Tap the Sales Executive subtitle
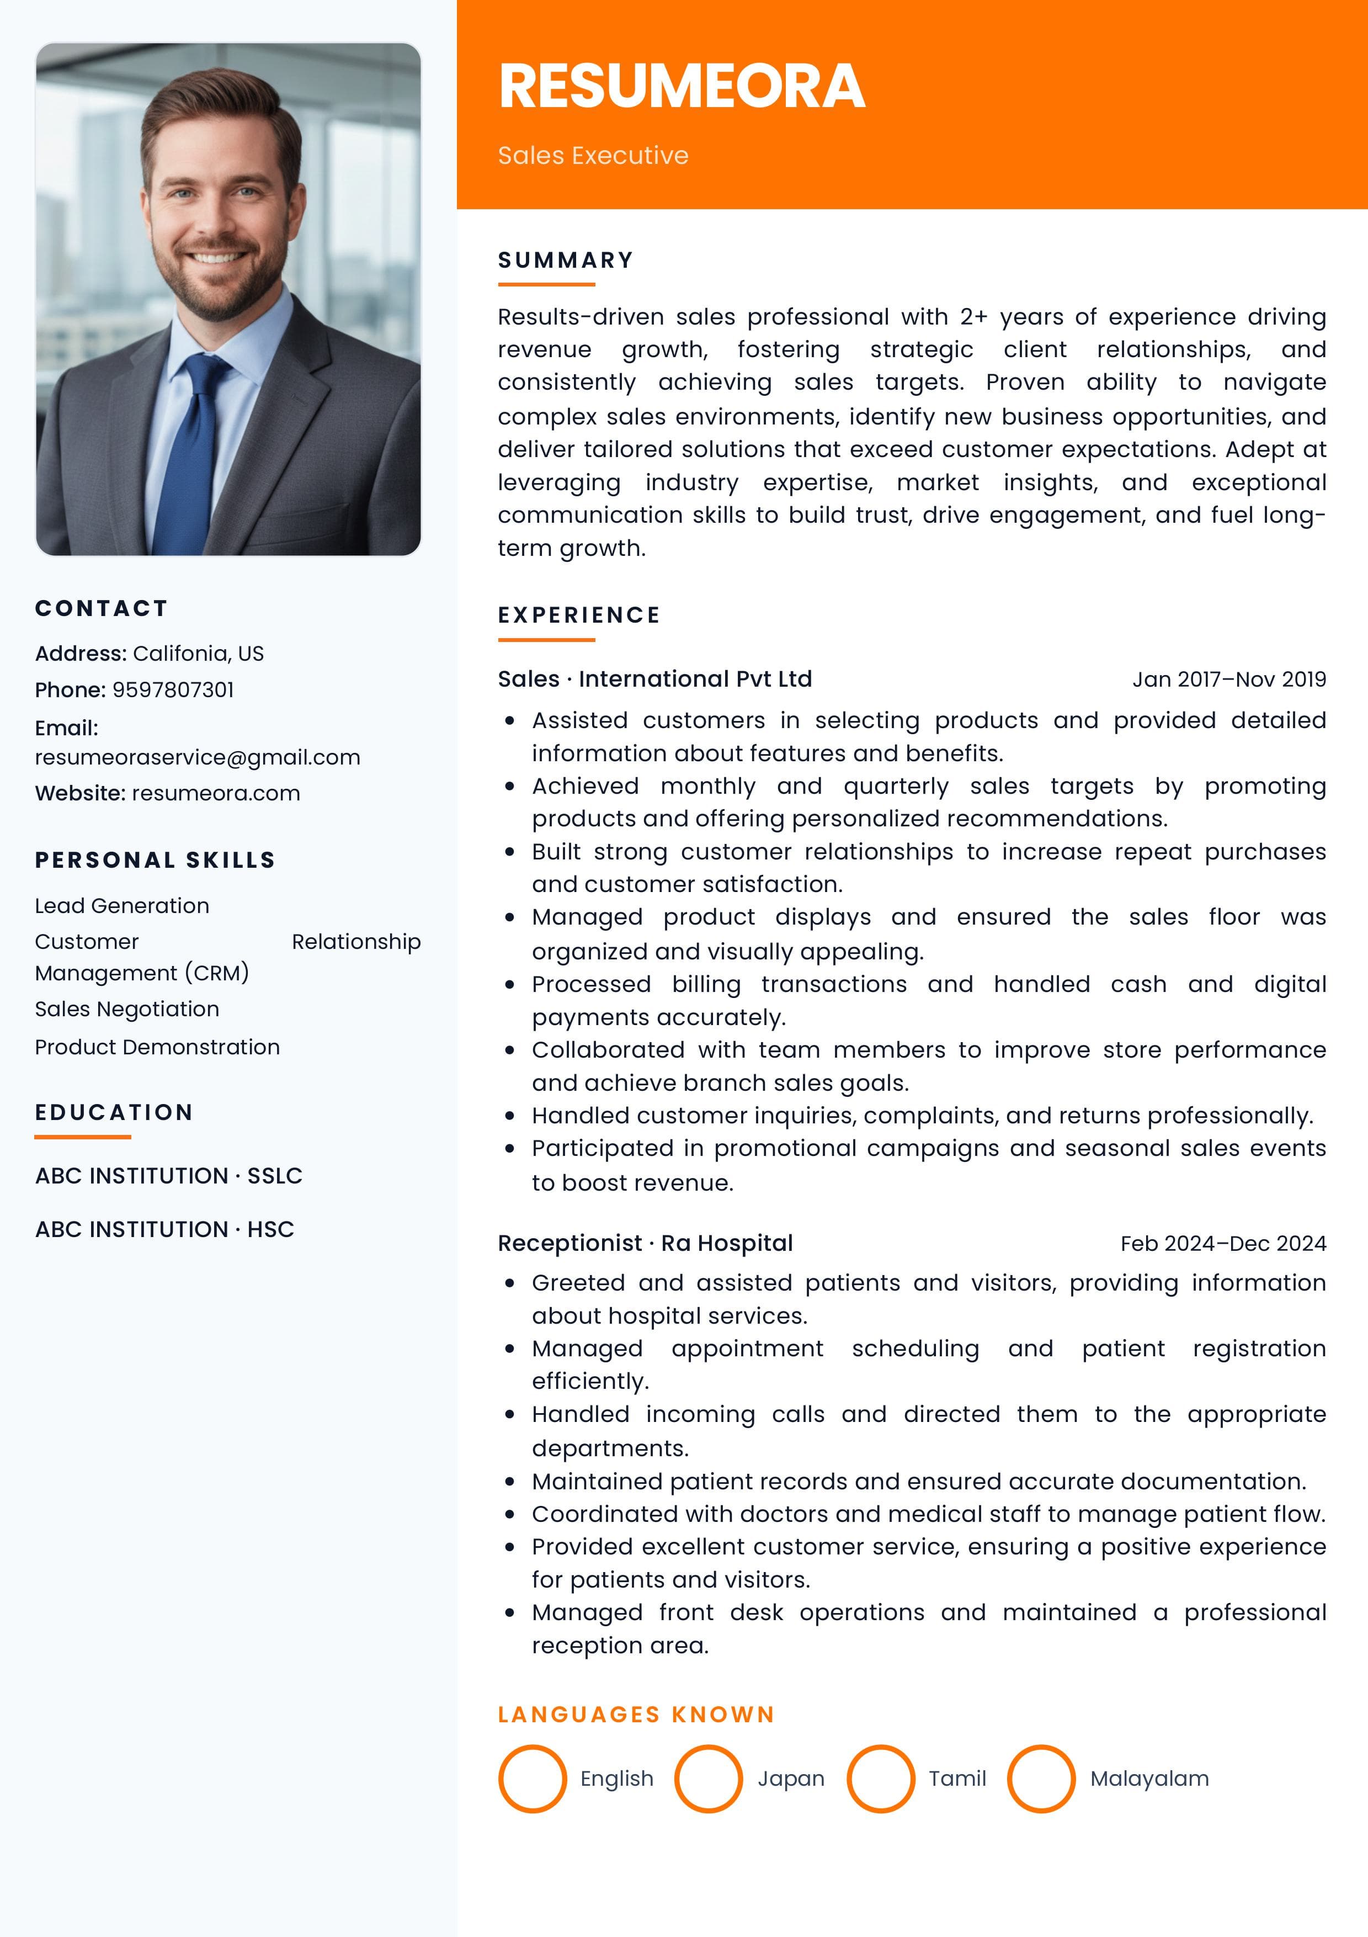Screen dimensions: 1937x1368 pos(593,155)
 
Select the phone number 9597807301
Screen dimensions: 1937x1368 pos(173,689)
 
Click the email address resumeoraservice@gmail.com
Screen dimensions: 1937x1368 pos(198,757)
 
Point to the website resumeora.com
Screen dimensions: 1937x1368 pos(216,793)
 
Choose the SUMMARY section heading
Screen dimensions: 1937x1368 pos(565,260)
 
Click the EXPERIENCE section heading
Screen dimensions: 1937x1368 pos(578,615)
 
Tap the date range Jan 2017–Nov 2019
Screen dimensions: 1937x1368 pos(1229,679)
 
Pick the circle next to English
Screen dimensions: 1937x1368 pos(532,1779)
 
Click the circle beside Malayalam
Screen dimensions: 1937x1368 pos(1041,1779)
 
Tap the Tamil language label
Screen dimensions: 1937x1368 pos(957,1779)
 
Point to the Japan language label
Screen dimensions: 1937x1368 pos(790,1779)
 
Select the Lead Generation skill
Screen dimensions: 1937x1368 pos(123,905)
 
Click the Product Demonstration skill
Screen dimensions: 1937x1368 pos(157,1047)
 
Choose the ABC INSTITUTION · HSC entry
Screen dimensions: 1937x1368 pos(164,1229)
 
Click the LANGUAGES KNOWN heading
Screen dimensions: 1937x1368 pos(636,1715)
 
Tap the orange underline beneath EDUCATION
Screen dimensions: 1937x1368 pos(83,1137)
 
